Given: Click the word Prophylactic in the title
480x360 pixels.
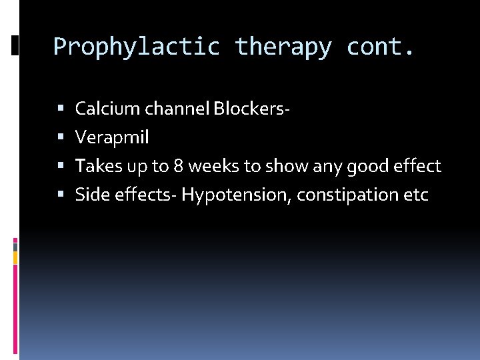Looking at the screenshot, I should click(137, 47).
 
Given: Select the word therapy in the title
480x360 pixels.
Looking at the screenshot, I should click(283, 47).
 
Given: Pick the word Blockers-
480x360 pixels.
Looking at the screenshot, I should click(251, 109).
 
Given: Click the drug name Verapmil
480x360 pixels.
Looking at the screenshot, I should click(112, 138).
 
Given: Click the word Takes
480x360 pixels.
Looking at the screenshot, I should click(95, 167).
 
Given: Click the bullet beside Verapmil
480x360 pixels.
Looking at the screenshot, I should click(61, 139).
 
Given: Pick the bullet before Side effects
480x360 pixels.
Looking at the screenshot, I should click(61, 196).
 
